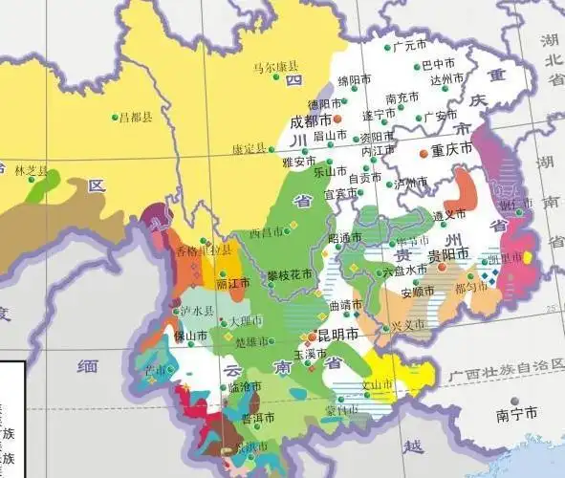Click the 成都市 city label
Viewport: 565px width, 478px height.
point(310,121)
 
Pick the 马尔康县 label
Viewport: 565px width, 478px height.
point(275,67)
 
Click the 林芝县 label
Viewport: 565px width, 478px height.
point(31,170)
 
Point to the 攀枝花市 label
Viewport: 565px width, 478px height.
point(290,273)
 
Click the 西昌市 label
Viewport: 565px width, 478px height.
point(264,232)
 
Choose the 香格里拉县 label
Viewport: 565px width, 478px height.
point(204,250)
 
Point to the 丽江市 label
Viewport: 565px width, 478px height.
point(233,284)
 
